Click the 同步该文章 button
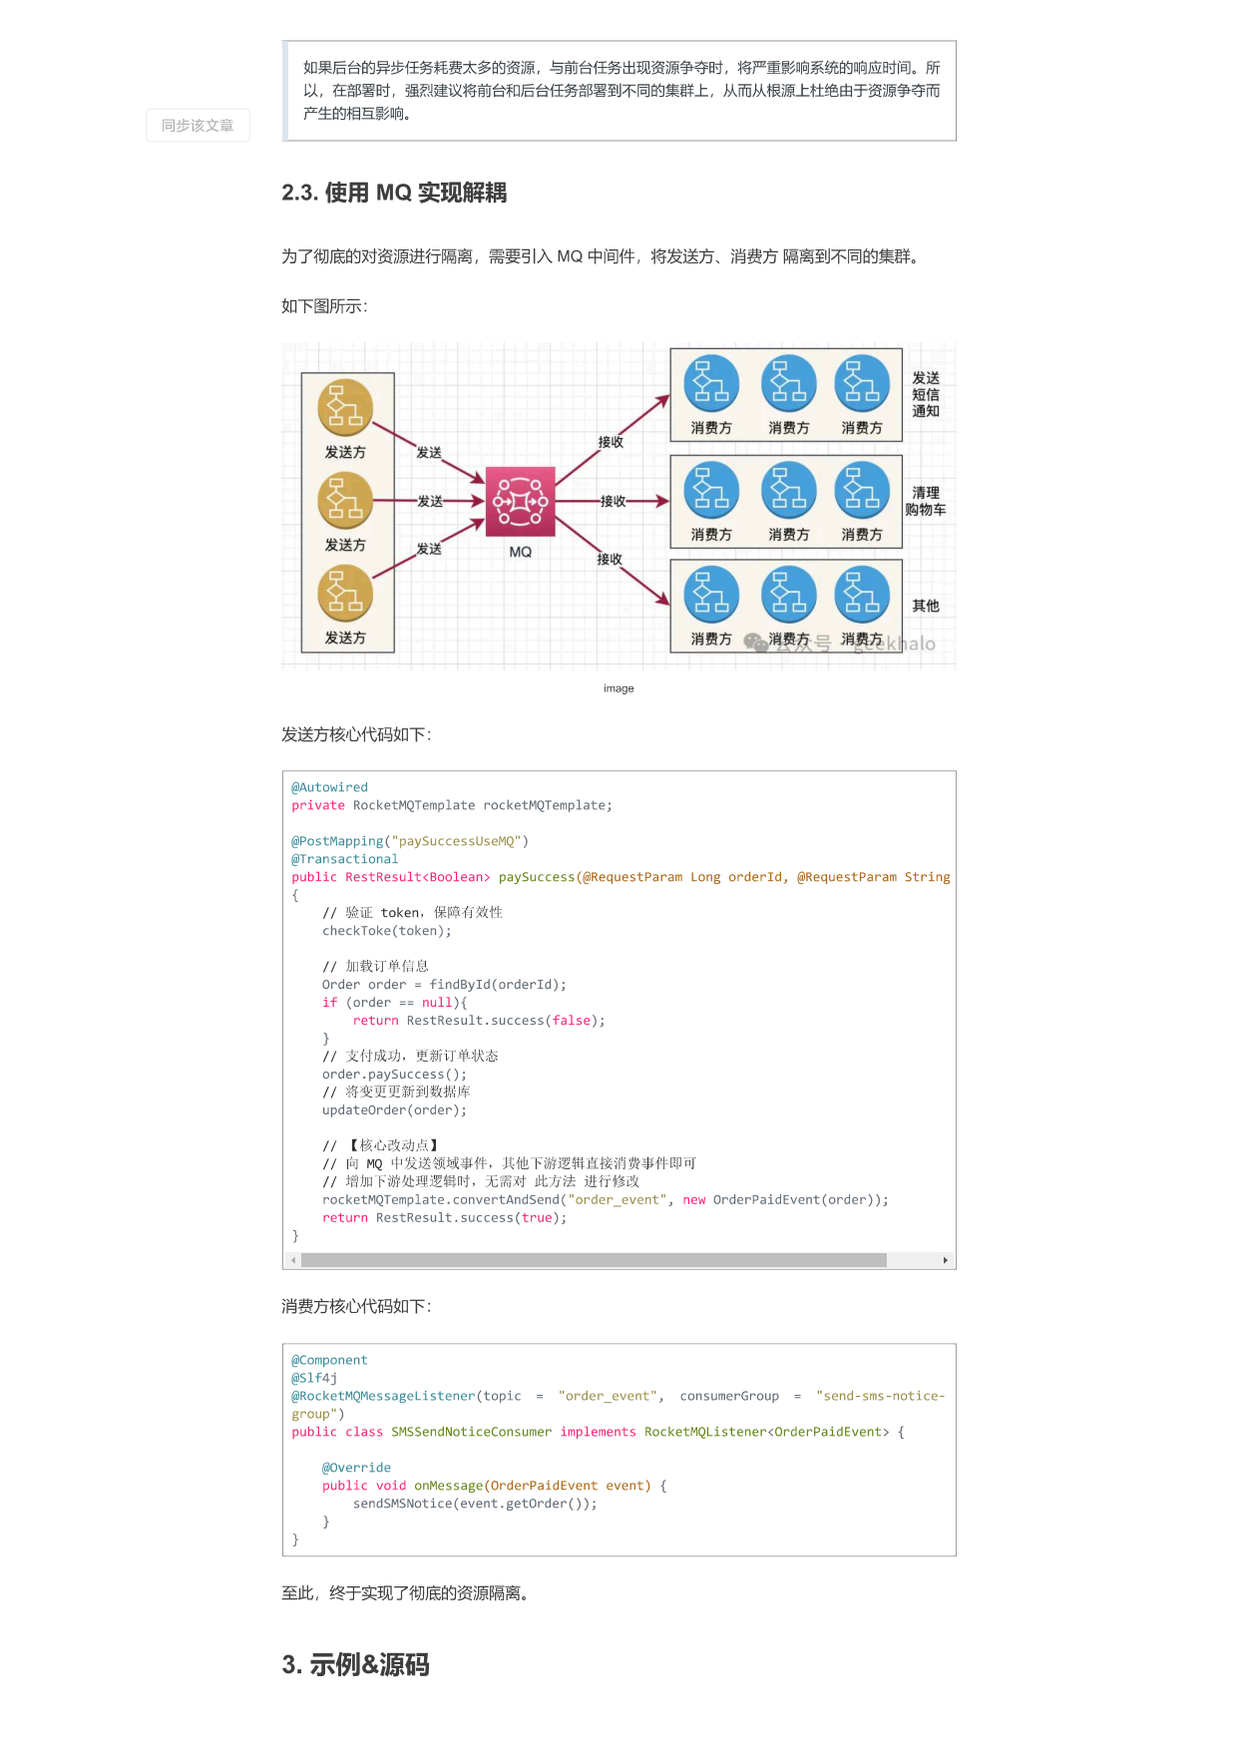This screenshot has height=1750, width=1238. pos(198,126)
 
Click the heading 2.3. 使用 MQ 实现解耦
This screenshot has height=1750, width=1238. pos(394,193)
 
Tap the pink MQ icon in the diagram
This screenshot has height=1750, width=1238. pos(520,501)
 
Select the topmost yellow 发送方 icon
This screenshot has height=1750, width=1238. pos(345,407)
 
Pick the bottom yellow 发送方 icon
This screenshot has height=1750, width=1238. pos(345,593)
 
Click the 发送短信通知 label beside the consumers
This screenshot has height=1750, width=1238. pos(926,394)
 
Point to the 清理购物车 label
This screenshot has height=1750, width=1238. pos(926,501)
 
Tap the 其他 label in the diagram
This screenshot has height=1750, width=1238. pos(926,606)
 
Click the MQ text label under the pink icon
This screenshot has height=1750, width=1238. pos(521,552)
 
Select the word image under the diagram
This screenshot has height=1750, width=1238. pos(619,688)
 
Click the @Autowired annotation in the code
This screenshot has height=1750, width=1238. pos(329,787)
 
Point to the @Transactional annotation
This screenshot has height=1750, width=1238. pos(344,859)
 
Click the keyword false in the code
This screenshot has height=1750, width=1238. pos(572,1021)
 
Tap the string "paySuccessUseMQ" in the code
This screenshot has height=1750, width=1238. pos(457,841)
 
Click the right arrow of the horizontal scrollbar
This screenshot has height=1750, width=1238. pos(946,1260)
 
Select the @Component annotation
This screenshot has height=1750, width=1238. pos(329,1360)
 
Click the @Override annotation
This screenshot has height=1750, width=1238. pos(356,1468)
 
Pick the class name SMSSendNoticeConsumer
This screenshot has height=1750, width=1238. pos(471,1432)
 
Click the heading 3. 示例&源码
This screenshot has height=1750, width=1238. pos(355,1664)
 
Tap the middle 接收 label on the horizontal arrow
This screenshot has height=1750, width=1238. pos(613,501)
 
